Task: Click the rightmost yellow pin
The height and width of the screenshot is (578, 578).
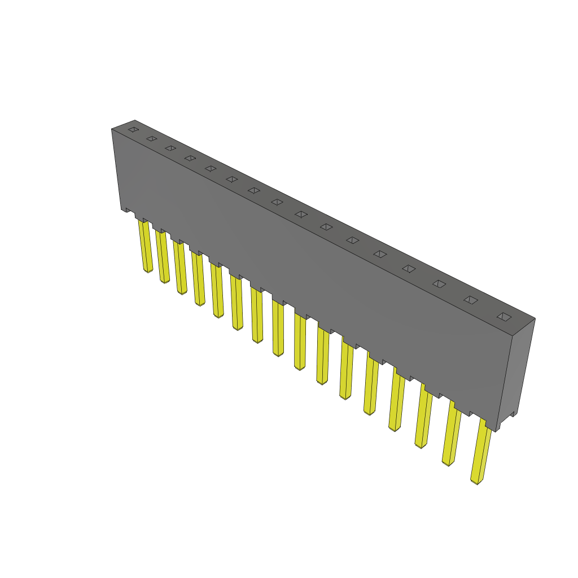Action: [x=481, y=452]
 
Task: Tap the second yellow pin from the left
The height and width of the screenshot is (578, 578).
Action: [x=163, y=257]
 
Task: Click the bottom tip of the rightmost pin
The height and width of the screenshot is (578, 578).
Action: [x=476, y=481]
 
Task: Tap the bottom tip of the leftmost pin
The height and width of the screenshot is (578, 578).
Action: [x=148, y=271]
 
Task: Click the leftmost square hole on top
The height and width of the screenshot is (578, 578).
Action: [x=133, y=130]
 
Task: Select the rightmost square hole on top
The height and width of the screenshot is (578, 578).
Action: [x=503, y=317]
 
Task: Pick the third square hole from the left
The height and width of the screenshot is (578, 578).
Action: [x=170, y=148]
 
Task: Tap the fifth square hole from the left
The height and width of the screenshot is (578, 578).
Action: [x=211, y=168]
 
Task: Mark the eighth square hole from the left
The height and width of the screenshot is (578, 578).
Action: [x=277, y=202]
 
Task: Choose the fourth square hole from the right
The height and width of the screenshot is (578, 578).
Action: [x=409, y=269]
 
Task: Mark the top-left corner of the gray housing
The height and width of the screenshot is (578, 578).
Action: [x=112, y=129]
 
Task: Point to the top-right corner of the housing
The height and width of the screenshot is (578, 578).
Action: [x=535, y=319]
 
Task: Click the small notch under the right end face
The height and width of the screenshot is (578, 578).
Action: [x=511, y=417]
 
